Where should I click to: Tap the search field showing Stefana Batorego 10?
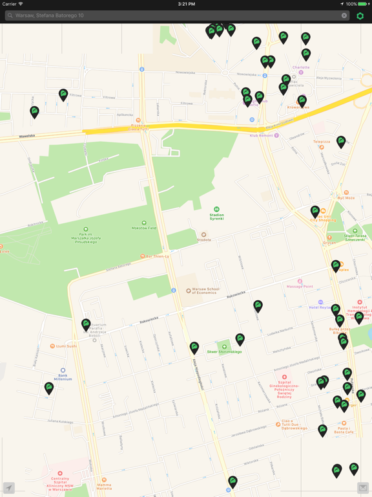pyautogui.click(x=174, y=16)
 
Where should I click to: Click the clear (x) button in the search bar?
pyautogui.click(x=344, y=16)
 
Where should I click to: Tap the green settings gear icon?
pyautogui.click(x=360, y=16)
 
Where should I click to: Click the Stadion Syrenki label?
pyautogui.click(x=216, y=216)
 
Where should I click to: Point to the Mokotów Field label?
pyautogui.click(x=143, y=228)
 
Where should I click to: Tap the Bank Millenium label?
pyautogui.click(x=63, y=377)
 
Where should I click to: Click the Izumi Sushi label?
pyautogui.click(x=66, y=346)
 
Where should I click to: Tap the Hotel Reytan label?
pyautogui.click(x=320, y=307)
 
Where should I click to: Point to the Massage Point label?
pyautogui.click(x=300, y=286)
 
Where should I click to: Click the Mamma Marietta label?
pyautogui.click(x=104, y=487)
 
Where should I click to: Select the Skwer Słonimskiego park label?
pyautogui.click(x=224, y=351)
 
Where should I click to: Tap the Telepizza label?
pyautogui.click(x=322, y=142)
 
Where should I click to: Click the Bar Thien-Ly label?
pyautogui.click(x=157, y=256)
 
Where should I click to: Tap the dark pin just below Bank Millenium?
pyautogui.click(x=49, y=388)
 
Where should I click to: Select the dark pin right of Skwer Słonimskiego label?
pyautogui.click(x=240, y=338)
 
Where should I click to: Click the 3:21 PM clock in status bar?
pyautogui.click(x=186, y=4)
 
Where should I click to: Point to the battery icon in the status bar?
pyautogui.click(x=362, y=4)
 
